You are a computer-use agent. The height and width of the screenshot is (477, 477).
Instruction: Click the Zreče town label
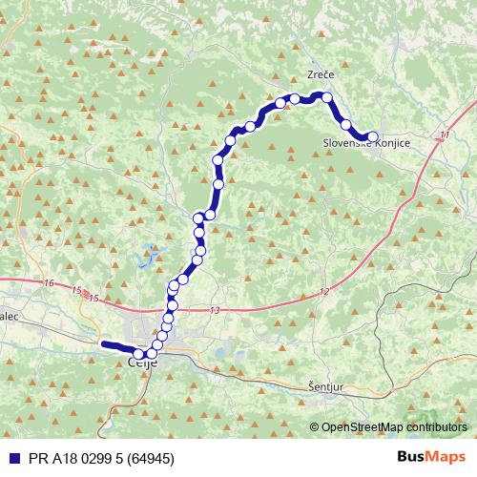click(320, 74)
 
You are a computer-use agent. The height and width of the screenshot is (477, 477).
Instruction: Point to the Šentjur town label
click(328, 387)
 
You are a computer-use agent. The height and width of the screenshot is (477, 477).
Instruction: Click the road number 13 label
click(214, 311)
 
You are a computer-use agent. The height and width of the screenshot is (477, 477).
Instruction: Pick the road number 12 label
click(324, 292)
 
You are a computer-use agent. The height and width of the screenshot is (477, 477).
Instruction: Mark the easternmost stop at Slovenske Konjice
click(373, 137)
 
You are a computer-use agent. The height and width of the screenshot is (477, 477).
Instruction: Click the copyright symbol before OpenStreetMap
click(315, 427)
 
